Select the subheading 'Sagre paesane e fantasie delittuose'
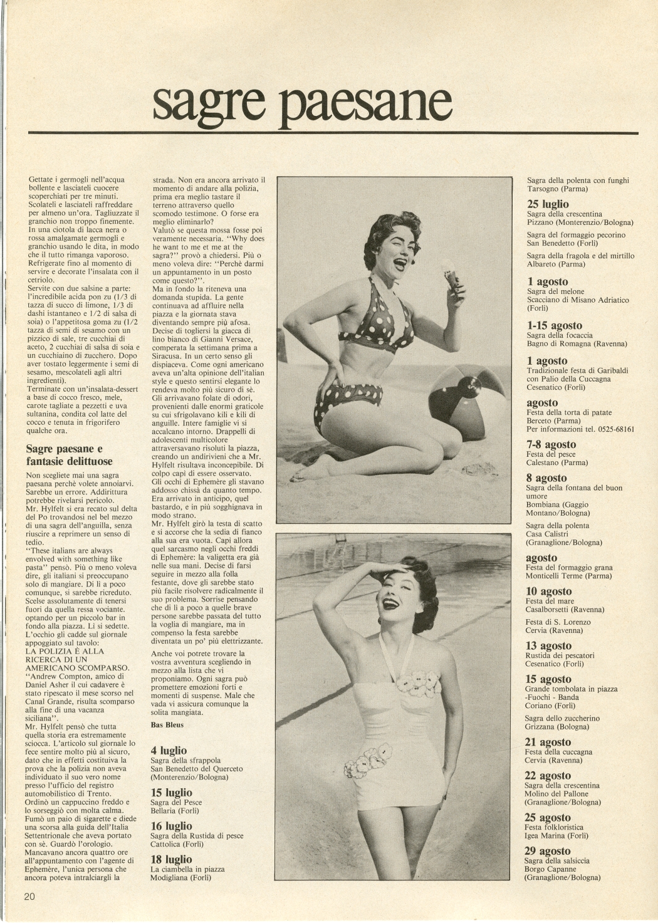click(69, 455)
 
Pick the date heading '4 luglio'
click(169, 750)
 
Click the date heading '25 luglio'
click(548, 204)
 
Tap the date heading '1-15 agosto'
click(554, 326)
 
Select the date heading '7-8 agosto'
click(551, 445)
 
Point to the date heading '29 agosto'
click(548, 851)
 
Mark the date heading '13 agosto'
click(548, 646)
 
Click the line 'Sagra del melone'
click(555, 291)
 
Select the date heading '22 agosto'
click(548, 776)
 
